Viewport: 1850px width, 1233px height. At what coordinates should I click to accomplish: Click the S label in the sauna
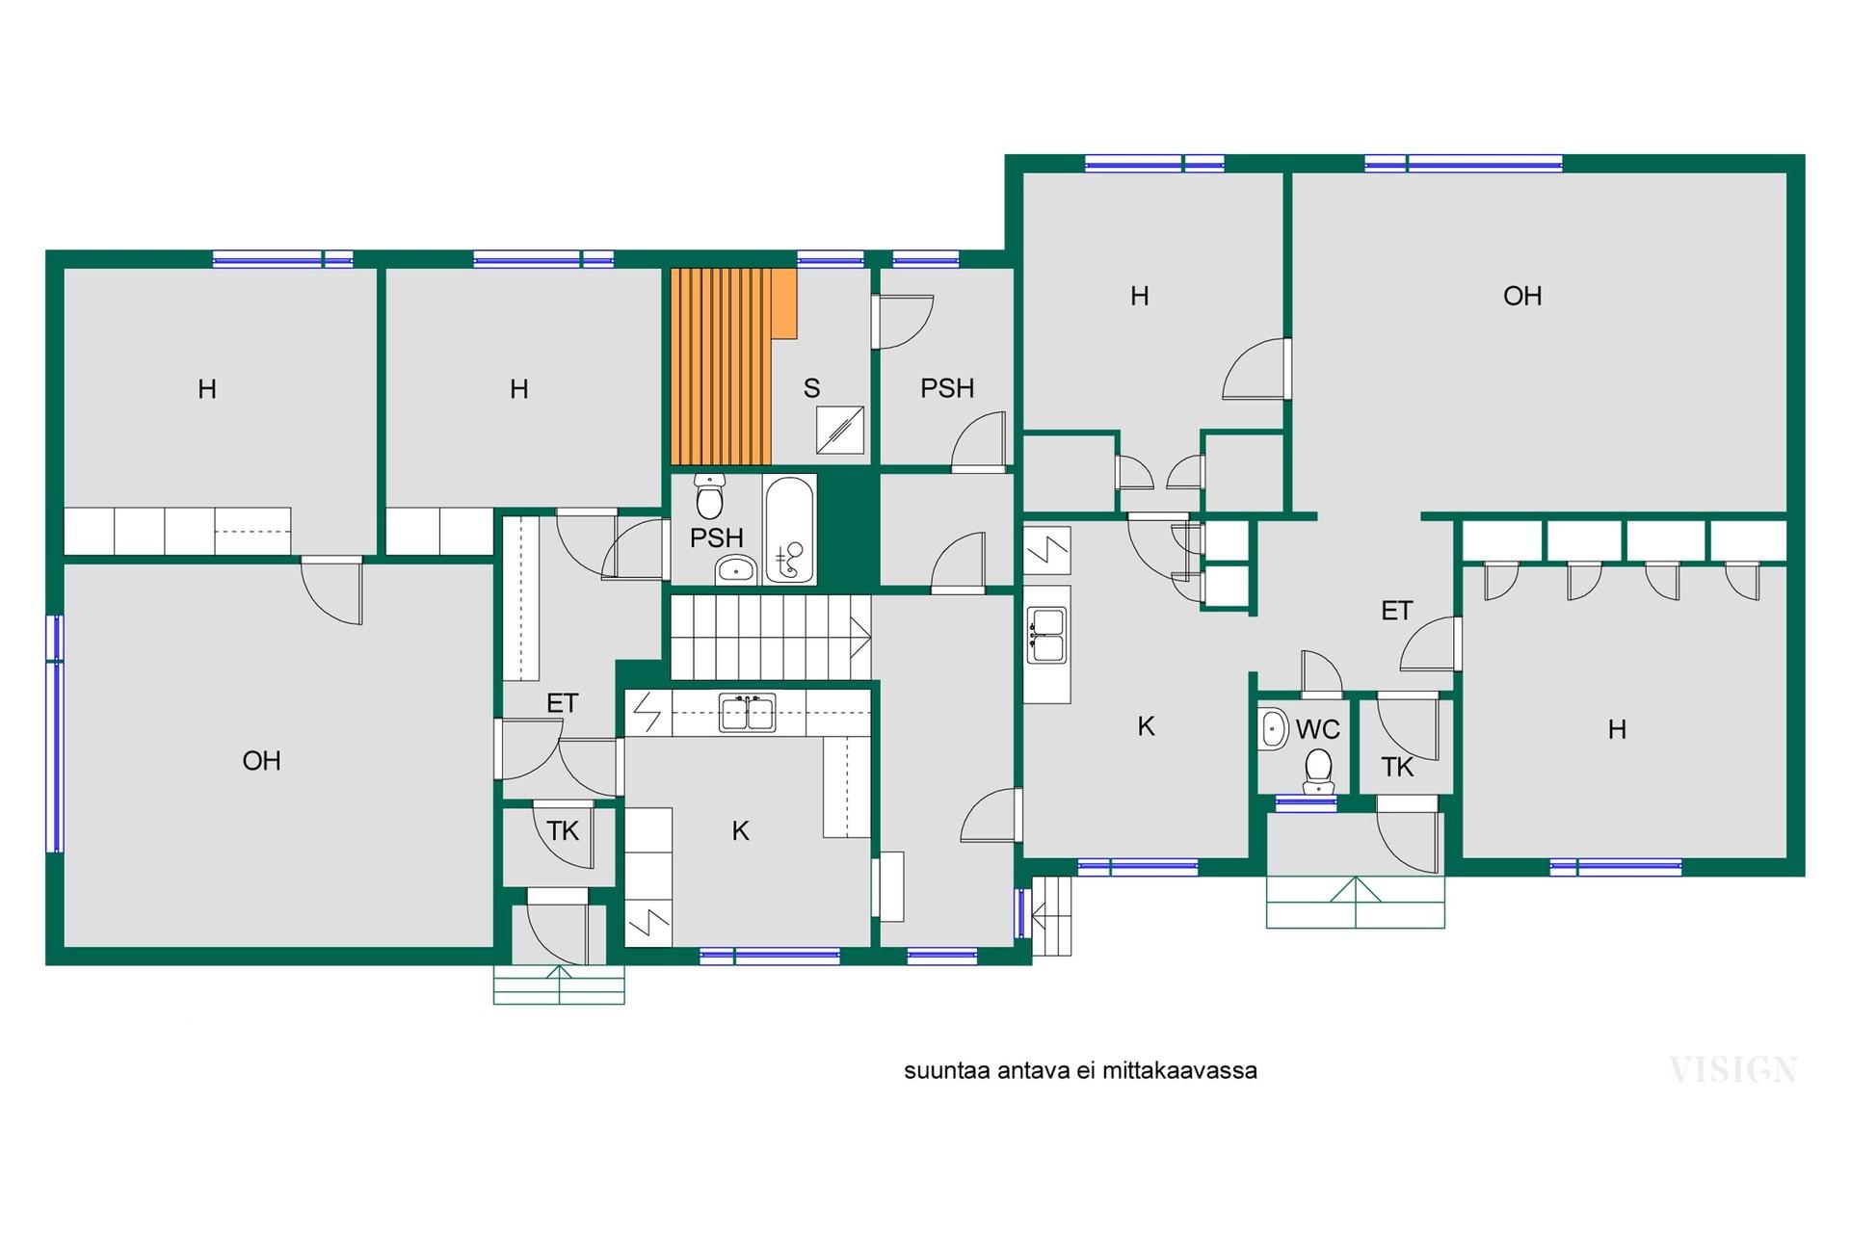click(811, 388)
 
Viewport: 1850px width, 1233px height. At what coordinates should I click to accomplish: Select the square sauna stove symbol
click(840, 430)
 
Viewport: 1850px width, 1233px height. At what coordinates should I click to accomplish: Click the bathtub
click(789, 530)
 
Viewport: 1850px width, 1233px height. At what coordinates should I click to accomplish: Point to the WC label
click(1317, 729)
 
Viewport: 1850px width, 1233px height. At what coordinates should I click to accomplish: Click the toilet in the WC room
click(1318, 772)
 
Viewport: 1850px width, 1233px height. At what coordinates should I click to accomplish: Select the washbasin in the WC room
click(1274, 729)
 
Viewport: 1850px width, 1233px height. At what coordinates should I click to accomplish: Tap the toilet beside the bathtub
click(710, 496)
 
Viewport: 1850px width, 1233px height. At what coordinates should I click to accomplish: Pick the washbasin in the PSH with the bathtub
click(736, 570)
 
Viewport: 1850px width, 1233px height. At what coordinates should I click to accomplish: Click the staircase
click(771, 638)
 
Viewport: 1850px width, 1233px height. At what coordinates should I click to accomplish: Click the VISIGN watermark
click(1732, 1070)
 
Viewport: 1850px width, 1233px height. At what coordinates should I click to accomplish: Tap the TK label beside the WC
click(1397, 767)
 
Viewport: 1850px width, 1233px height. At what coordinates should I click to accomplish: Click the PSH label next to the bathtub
click(716, 538)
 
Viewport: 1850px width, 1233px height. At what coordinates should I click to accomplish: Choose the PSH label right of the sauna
click(947, 388)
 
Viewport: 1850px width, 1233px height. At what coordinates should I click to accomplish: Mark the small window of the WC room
click(1306, 801)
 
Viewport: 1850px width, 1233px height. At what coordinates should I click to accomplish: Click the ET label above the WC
click(1396, 611)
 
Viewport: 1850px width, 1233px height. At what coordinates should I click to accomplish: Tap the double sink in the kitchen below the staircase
click(748, 714)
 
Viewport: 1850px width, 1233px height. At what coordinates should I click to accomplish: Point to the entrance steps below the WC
click(1355, 902)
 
